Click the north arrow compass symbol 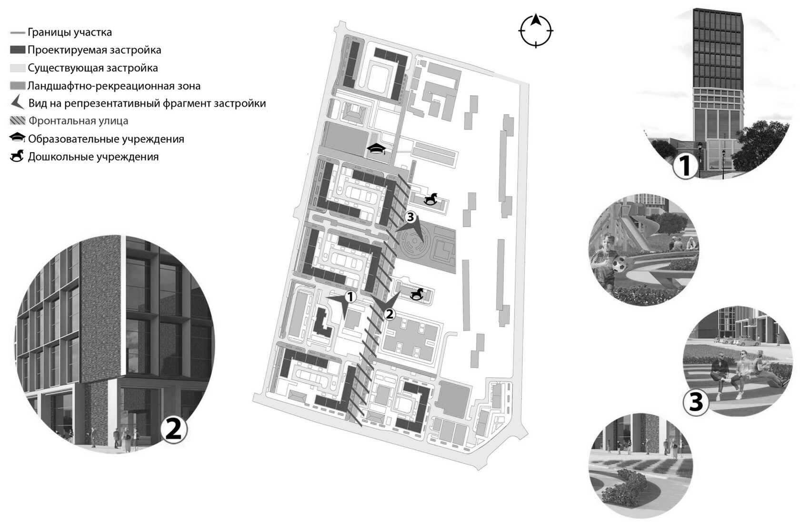pos(536,31)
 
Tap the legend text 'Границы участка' pos(70,32)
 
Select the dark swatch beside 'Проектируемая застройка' pos(18,50)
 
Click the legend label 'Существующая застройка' pos(92,68)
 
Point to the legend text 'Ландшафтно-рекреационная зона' pos(114,86)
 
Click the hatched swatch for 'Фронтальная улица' pos(18,121)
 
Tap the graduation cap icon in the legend pos(18,139)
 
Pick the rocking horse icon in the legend pos(18,156)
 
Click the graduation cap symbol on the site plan pos(376,149)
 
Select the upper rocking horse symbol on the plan pos(431,198)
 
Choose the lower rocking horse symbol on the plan pos(418,294)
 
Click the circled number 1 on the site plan pos(350,297)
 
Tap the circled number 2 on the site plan pos(389,314)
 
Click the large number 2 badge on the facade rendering pos(173,430)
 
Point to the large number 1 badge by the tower pos(684,167)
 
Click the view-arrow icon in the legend pos(18,103)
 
